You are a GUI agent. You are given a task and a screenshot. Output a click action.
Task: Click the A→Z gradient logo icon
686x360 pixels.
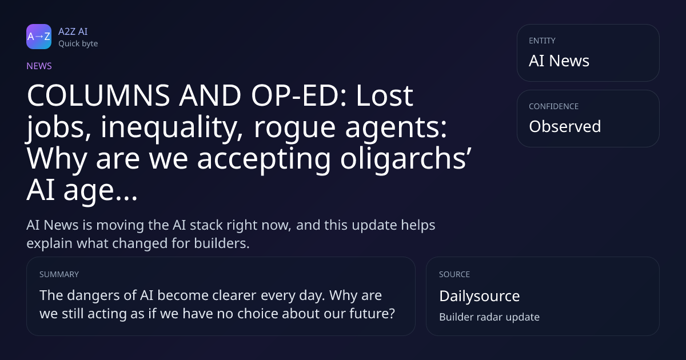click(39, 37)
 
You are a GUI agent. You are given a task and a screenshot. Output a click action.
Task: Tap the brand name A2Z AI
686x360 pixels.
click(73, 31)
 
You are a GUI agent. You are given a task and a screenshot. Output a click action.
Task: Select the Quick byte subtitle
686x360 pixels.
click(78, 44)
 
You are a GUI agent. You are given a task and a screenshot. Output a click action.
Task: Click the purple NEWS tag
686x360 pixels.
click(39, 66)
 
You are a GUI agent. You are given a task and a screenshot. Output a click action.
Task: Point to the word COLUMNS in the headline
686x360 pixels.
click(98, 95)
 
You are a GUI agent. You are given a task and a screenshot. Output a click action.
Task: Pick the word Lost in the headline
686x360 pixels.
click(384, 95)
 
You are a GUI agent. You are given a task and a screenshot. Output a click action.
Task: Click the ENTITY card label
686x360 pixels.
click(542, 41)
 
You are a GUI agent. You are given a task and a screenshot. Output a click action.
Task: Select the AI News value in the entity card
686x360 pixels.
click(559, 61)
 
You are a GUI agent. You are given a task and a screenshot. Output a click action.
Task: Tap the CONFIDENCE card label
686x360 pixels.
click(554, 106)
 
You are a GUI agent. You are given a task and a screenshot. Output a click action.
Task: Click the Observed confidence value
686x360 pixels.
click(565, 126)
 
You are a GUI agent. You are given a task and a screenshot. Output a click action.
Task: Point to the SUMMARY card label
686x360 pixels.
click(59, 274)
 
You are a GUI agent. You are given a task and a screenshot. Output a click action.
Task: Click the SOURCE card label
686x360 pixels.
click(454, 274)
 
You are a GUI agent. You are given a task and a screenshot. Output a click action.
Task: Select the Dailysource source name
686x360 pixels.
click(480, 296)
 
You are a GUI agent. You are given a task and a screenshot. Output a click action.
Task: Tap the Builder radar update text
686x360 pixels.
click(489, 317)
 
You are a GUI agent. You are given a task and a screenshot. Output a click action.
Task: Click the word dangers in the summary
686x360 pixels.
click(93, 296)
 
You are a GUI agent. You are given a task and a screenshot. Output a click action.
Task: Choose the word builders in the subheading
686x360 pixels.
click(222, 243)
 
